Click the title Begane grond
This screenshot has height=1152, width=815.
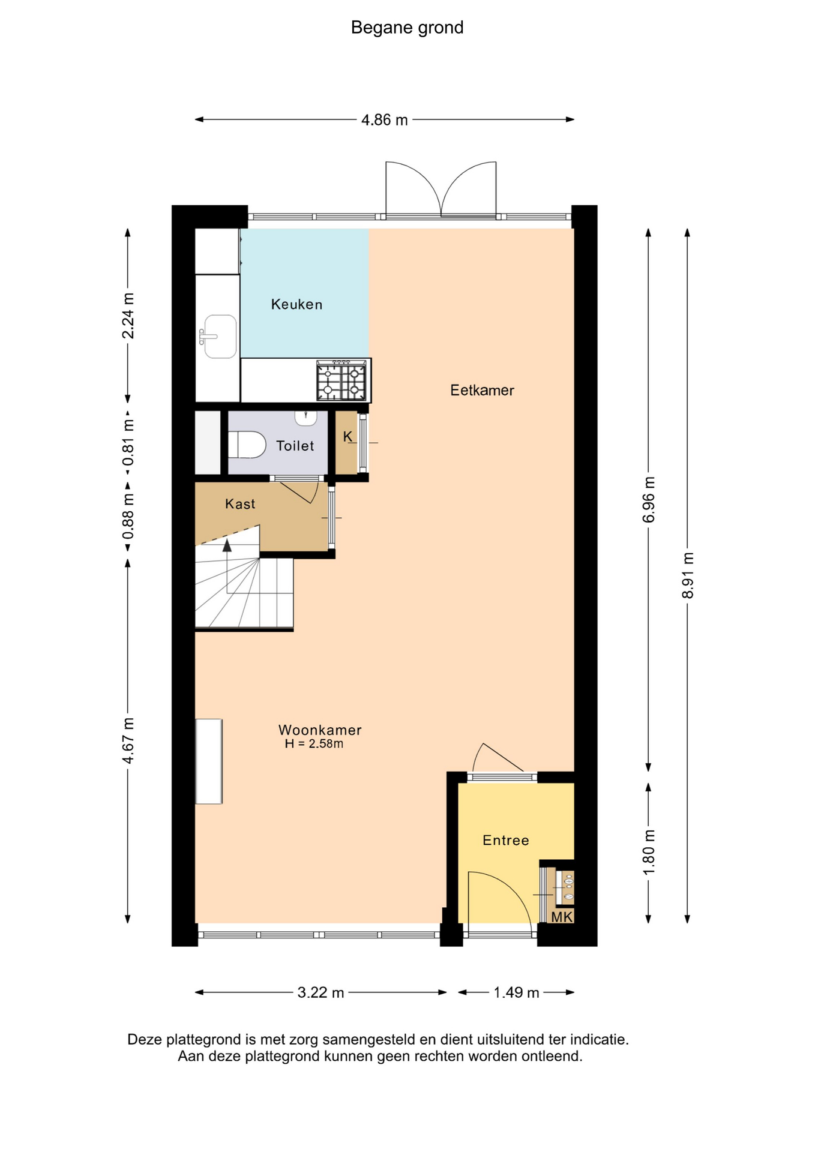coord(407,28)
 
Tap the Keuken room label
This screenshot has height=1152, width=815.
coord(296,305)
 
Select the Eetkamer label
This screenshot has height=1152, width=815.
coord(482,391)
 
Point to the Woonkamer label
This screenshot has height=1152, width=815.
coord(320,730)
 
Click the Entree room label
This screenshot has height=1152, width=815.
coord(506,841)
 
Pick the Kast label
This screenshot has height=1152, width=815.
coord(240,504)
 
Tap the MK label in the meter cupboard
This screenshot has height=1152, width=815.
coord(562,917)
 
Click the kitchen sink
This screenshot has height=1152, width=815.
coord(218,337)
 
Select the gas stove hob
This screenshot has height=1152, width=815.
coord(341,380)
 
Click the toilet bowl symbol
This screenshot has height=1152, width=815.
coord(247,445)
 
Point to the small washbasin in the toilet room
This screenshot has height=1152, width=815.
coord(305,418)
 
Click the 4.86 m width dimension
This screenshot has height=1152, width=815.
coord(385,120)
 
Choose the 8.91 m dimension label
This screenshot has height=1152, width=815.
coord(688,575)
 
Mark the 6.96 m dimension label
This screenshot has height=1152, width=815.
coord(649,499)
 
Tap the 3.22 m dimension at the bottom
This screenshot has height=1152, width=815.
coord(320,992)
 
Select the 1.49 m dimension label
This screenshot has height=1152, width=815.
coord(516,992)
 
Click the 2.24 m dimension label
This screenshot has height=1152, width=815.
coord(128,316)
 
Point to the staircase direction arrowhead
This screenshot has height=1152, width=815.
coord(227,545)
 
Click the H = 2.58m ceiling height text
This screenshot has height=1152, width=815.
coord(314,744)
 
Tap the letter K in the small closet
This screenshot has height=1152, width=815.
coord(348,437)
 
